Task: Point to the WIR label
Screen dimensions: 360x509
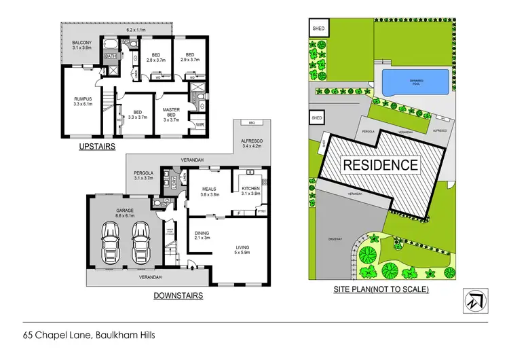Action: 200,124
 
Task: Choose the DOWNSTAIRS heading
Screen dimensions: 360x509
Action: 178,295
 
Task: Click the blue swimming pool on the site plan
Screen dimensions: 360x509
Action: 414,84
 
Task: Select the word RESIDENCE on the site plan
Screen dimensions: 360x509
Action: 380,164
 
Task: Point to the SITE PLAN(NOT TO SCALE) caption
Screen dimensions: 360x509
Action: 381,289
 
